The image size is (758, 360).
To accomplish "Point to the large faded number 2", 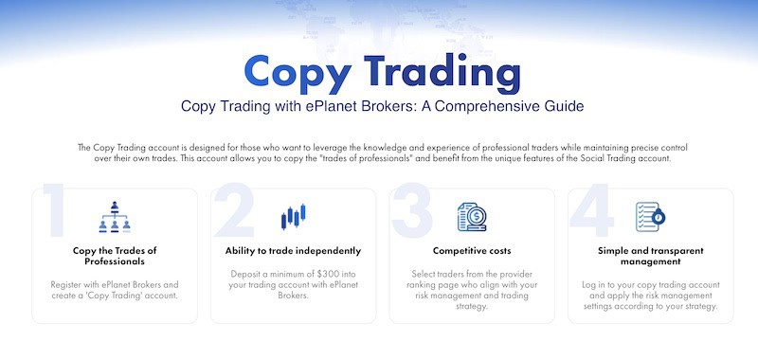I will [x=233, y=212].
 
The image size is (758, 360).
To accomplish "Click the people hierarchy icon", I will [x=115, y=217].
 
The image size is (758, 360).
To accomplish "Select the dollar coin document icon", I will [x=471, y=217].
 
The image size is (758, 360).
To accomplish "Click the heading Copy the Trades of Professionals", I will [x=115, y=256].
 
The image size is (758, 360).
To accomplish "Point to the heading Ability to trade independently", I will [x=293, y=251].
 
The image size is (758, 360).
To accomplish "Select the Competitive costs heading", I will [x=471, y=251].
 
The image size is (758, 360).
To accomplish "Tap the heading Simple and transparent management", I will [x=650, y=256].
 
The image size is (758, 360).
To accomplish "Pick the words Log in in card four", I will [x=595, y=284].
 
